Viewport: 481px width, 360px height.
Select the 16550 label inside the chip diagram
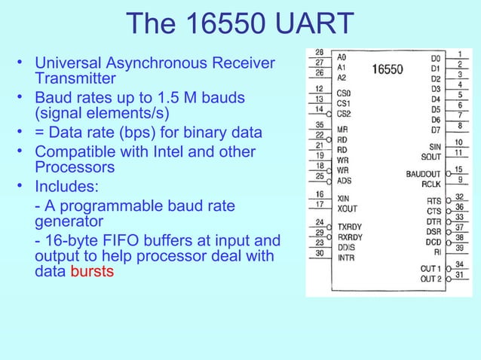(387, 69)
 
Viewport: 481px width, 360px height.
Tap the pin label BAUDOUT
(423, 174)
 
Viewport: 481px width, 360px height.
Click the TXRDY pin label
(349, 226)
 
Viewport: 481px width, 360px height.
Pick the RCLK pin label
(430, 183)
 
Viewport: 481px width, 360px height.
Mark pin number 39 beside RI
(458, 248)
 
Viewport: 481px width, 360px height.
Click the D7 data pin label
(436, 130)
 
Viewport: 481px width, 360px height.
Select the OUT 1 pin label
(430, 268)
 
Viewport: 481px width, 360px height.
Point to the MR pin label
(342, 130)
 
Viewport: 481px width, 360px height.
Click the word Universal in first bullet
(68, 63)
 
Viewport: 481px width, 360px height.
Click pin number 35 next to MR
(319, 124)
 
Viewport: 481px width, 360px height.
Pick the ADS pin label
(344, 181)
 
